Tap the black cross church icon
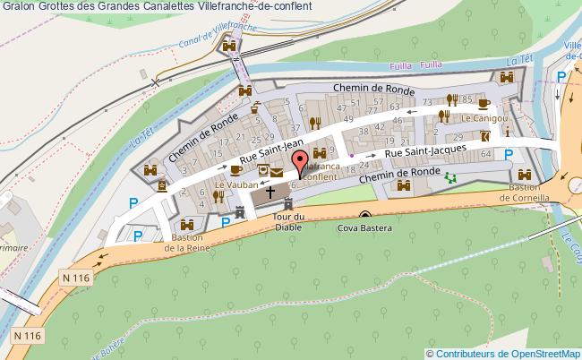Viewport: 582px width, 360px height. [270, 193]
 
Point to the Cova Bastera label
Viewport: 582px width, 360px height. [366, 227]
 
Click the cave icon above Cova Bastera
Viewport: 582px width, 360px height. [365, 215]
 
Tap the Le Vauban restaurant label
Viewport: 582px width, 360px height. [232, 185]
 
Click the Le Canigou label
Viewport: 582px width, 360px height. [484, 117]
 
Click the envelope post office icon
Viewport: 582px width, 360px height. [278, 170]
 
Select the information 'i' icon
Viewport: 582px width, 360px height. [507, 132]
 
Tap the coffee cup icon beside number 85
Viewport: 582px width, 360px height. [484, 102]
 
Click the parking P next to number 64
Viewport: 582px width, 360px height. [509, 154]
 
